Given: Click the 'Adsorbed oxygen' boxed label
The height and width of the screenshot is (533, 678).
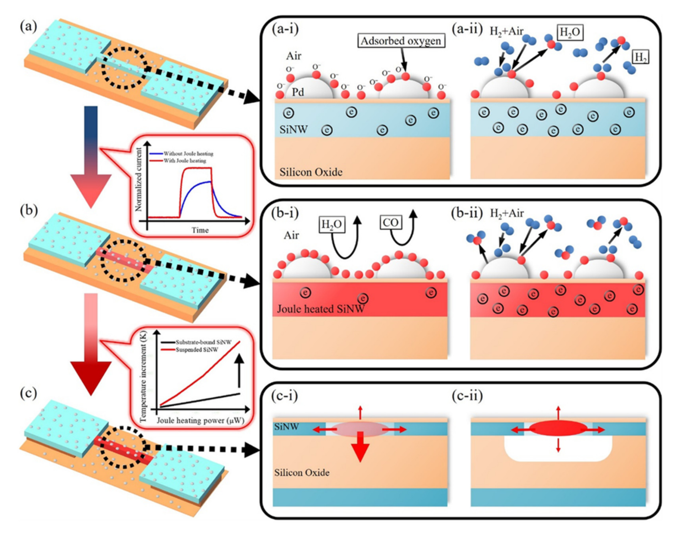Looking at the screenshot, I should [401, 41].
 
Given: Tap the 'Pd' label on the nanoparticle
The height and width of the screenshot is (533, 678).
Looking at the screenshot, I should [298, 92].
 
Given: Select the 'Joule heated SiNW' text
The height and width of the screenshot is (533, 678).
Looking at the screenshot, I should [321, 309].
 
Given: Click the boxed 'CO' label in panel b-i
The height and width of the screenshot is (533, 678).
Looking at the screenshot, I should [390, 222].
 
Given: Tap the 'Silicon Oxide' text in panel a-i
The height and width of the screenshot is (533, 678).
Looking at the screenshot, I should [311, 172].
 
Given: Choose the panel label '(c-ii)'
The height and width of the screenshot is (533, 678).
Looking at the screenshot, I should [467, 396].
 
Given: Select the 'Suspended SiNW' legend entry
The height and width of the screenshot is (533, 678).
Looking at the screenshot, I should [197, 349].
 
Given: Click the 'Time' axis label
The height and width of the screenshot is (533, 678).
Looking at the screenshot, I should [200, 230].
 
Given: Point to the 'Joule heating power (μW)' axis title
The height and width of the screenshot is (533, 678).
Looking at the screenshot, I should [200, 420].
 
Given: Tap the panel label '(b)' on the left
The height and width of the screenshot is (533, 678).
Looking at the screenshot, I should [29, 210].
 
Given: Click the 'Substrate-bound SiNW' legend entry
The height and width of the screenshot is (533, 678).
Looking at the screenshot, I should [203, 342].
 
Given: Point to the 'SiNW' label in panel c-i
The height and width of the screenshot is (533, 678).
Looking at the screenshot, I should [286, 426].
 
